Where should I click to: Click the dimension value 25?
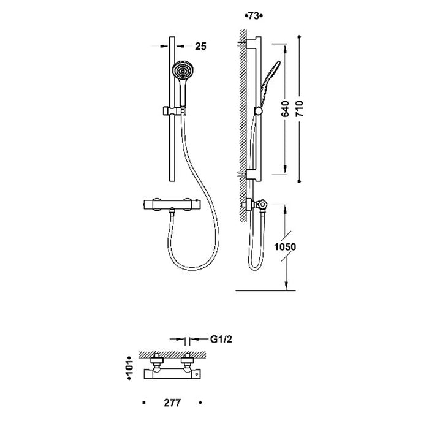click(200, 47)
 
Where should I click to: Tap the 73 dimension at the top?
click(254, 16)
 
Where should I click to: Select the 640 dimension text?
click(285, 108)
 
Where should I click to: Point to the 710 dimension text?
click(300, 108)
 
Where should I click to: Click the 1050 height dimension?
click(285, 247)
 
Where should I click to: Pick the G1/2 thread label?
click(221, 340)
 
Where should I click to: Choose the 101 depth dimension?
click(129, 368)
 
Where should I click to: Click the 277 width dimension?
click(172, 403)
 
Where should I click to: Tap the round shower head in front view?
click(181, 72)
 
